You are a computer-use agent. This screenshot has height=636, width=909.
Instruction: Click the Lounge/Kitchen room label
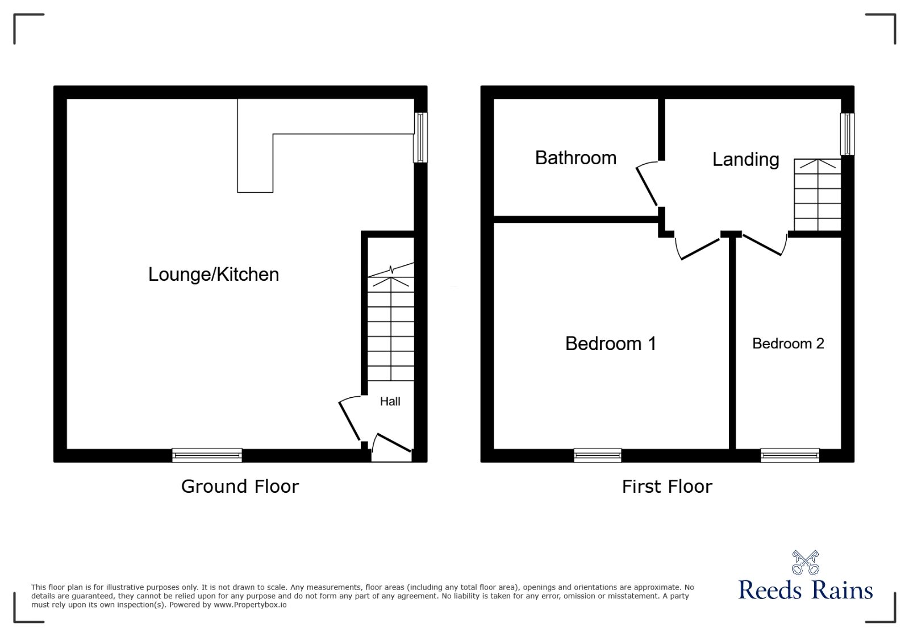tap(214, 275)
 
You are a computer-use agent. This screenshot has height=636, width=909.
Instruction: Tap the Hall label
tap(390, 401)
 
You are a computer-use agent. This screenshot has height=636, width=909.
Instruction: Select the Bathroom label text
tap(576, 158)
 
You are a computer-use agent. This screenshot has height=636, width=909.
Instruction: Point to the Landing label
tap(745, 160)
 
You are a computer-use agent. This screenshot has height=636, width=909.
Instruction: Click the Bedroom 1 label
tap(611, 343)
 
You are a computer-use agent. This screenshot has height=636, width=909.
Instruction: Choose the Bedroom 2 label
tap(788, 343)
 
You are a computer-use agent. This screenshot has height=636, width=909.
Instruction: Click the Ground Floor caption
tap(240, 487)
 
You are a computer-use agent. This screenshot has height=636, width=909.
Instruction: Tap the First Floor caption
tap(667, 487)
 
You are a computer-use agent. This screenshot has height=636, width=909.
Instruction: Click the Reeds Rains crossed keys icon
tap(805, 563)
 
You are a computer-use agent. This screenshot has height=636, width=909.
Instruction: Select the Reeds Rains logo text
tap(805, 590)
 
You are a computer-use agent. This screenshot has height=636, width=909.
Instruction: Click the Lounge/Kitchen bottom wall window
tap(207, 455)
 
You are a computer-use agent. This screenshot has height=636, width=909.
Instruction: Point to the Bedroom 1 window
tap(597, 455)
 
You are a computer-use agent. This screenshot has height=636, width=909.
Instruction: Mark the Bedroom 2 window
tap(790, 455)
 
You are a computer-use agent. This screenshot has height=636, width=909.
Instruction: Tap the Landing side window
tap(847, 134)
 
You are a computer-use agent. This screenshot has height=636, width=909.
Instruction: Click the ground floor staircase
tap(391, 330)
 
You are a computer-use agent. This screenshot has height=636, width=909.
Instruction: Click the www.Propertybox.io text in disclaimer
tap(250, 605)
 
